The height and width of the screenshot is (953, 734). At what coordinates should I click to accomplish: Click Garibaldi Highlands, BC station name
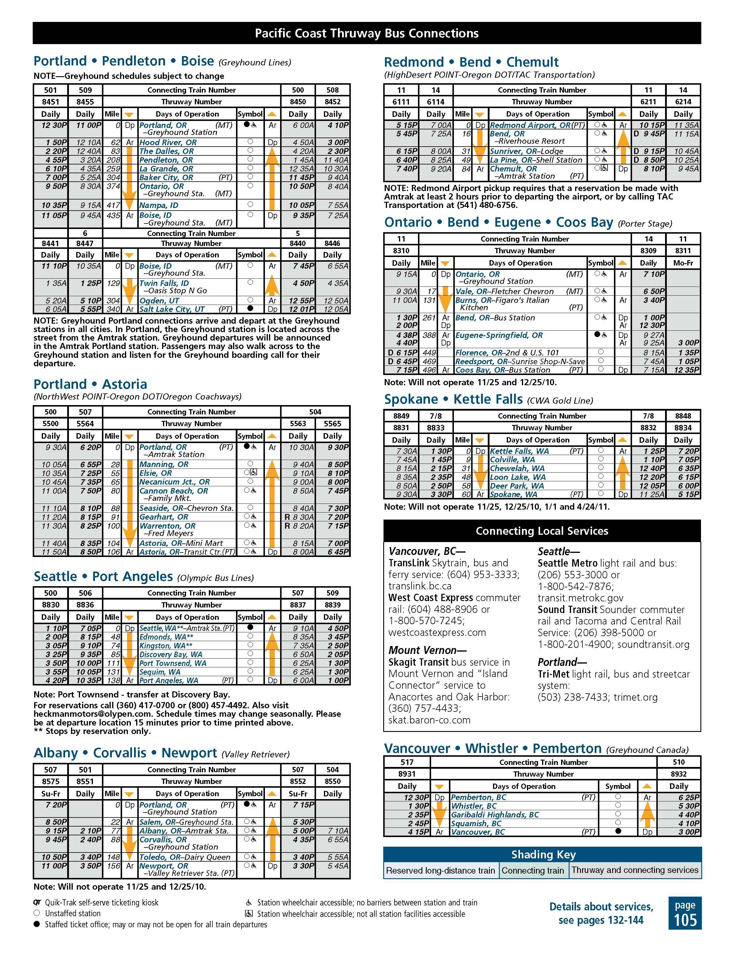pos(495,815)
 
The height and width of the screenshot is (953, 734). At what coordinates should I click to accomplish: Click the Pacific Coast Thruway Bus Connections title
pos(367,34)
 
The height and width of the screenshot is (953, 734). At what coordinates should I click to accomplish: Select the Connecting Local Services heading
pos(542,531)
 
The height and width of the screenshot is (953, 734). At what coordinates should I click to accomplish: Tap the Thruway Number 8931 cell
pos(407,774)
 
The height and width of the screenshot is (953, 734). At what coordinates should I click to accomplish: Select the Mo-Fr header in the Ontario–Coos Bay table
pos(683,263)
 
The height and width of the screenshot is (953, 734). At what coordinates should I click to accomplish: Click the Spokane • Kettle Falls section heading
pos(453,400)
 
